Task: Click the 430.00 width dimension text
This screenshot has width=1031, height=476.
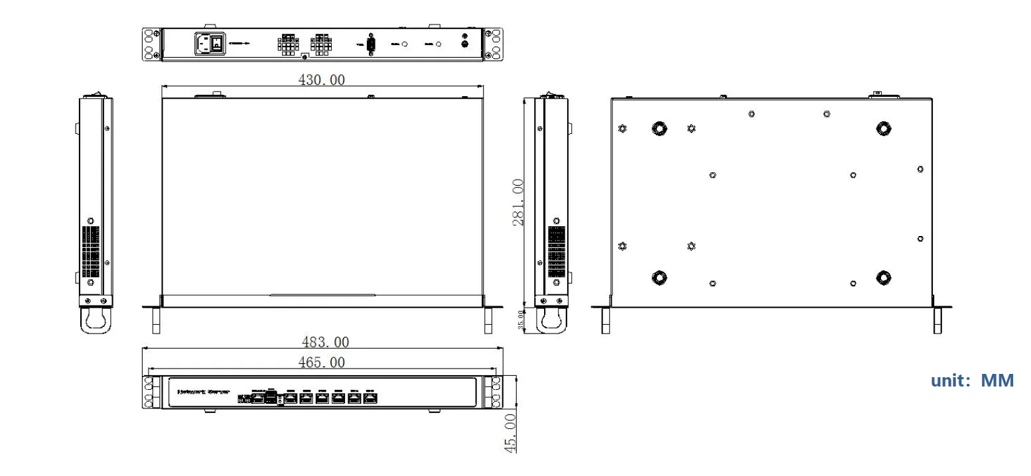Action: click(x=322, y=80)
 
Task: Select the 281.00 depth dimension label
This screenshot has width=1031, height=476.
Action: click(x=519, y=202)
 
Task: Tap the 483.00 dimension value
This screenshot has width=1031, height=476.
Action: click(x=325, y=342)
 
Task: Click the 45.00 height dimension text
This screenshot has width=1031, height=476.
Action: click(x=510, y=433)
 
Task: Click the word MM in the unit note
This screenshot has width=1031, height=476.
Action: click(x=997, y=381)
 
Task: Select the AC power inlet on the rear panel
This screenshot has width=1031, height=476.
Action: click(x=204, y=44)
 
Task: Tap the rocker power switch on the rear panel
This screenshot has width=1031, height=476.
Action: click(x=218, y=44)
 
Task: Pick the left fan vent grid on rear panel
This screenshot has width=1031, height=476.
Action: click(x=287, y=44)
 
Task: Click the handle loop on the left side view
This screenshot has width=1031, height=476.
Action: click(x=96, y=322)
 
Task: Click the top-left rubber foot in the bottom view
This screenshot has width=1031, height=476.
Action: click(x=659, y=128)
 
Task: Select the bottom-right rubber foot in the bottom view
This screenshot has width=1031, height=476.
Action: click(x=883, y=277)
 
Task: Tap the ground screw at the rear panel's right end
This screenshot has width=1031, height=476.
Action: click(x=465, y=44)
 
